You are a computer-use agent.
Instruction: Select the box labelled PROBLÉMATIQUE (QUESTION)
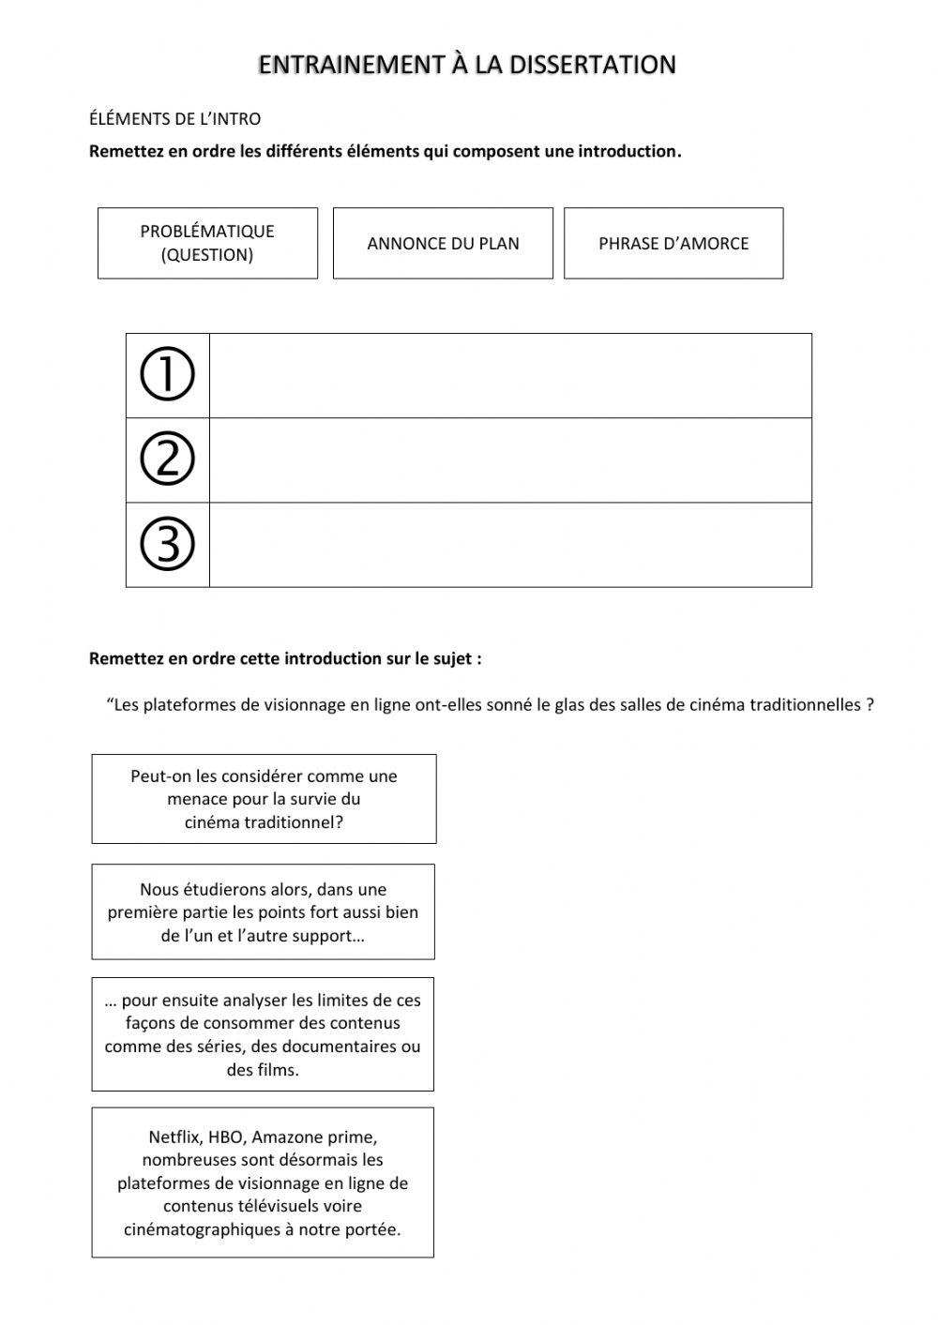coord(207,243)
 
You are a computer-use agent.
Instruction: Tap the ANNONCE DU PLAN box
coord(443,243)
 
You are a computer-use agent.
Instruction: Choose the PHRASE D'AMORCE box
coord(673,243)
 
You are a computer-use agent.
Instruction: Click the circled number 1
coord(167,375)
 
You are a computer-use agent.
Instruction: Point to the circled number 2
coord(167,459)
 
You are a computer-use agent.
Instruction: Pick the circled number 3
coord(167,544)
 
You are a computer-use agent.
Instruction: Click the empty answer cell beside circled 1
coord(510,375)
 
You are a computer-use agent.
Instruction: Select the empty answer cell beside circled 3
coord(510,545)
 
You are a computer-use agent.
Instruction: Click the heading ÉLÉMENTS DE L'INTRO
coord(174,119)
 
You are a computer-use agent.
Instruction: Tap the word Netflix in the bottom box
coord(174,1137)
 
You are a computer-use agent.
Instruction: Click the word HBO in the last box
coord(226,1137)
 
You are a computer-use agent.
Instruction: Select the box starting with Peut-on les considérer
coord(264,799)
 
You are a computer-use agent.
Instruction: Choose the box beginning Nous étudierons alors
coord(264,911)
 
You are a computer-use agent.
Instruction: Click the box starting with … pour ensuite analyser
coord(263,1034)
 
